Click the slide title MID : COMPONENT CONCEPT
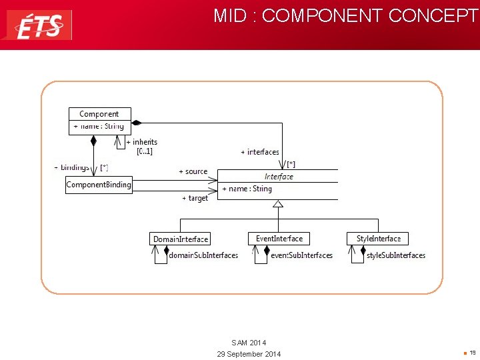pyautogui.click(x=345, y=16)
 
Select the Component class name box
pyautogui.click(x=99, y=114)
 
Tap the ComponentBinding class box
pyautogui.click(x=99, y=185)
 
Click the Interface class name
pyautogui.click(x=279, y=177)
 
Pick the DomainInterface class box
pyautogui.click(x=180, y=239)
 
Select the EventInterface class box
pyautogui.click(x=279, y=239)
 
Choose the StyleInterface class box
pyautogui.click(x=378, y=239)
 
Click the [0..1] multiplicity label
pyautogui.click(x=145, y=151)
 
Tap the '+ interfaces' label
pyautogui.click(x=260, y=152)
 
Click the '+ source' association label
pyautogui.click(x=193, y=171)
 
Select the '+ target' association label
pyautogui.click(x=195, y=198)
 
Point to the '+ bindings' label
pyautogui.click(x=72, y=167)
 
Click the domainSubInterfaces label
pyautogui.click(x=203, y=255)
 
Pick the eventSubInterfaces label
pyautogui.click(x=301, y=255)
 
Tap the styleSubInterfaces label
pyautogui.click(x=395, y=255)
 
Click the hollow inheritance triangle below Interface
pyautogui.click(x=278, y=203)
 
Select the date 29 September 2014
pyautogui.click(x=249, y=354)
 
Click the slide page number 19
pyautogui.click(x=472, y=352)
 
